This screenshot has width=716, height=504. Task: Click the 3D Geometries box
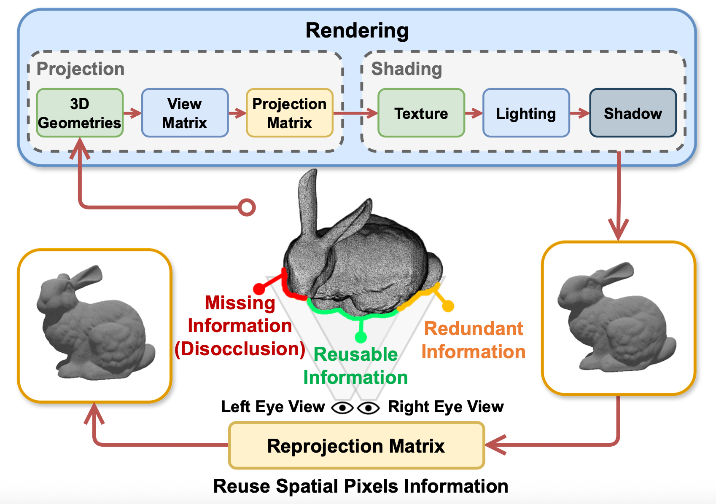tap(80, 113)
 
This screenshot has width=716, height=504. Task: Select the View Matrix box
tap(185, 113)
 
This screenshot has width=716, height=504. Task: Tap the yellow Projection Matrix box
tap(290, 113)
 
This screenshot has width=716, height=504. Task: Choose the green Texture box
tap(421, 113)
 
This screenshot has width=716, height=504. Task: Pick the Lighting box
tap(526, 113)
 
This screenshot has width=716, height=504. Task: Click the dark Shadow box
tap(633, 113)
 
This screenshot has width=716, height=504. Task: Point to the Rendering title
tap(357, 31)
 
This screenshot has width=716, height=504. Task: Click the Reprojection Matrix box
tap(356, 446)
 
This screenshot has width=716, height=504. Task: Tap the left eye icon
tap(342, 408)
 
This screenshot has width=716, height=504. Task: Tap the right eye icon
tap(368, 408)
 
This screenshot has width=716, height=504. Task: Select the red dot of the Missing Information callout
tap(259, 289)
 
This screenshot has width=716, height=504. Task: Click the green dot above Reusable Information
tap(361, 337)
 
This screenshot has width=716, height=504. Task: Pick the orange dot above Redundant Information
tap(448, 306)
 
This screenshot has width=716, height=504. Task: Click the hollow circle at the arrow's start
tap(247, 207)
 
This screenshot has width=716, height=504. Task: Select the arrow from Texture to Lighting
tap(474, 113)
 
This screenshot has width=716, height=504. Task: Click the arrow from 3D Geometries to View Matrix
tap(132, 113)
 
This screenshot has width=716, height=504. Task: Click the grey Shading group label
tap(406, 69)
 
